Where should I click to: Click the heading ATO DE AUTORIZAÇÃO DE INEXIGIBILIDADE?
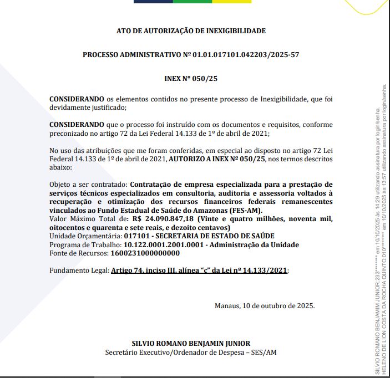click(x=191, y=31)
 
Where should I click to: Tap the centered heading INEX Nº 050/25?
click(x=191, y=79)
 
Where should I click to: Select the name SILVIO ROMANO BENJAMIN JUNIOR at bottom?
click(x=191, y=344)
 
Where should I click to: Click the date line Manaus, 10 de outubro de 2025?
click(x=265, y=305)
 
